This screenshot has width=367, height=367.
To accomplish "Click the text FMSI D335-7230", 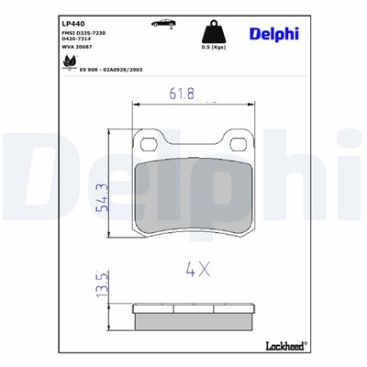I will point(85,33).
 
